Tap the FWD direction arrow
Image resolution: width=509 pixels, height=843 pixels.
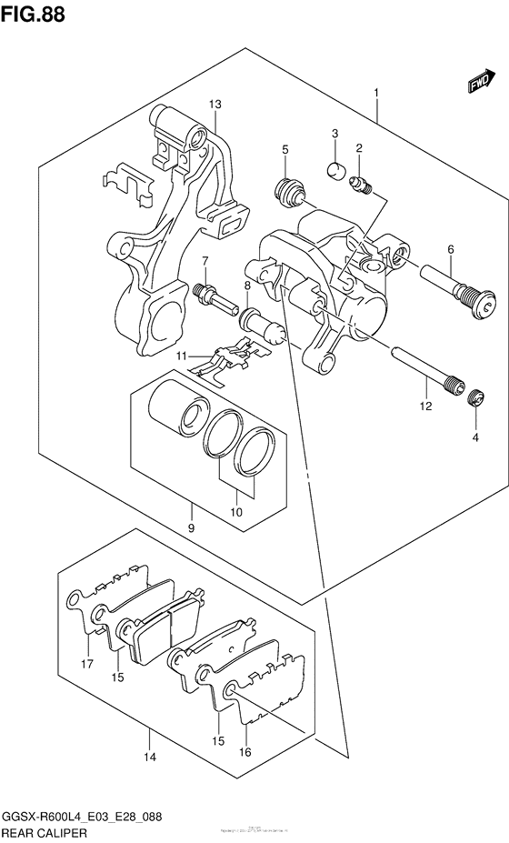(479, 83)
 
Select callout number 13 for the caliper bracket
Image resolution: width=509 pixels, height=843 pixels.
(215, 105)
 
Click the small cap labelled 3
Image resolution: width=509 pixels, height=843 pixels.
(335, 168)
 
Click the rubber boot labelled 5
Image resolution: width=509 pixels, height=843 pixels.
(288, 191)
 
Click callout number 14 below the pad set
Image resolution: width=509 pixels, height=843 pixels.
(149, 756)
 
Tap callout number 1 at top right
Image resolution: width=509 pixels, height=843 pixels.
(375, 92)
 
